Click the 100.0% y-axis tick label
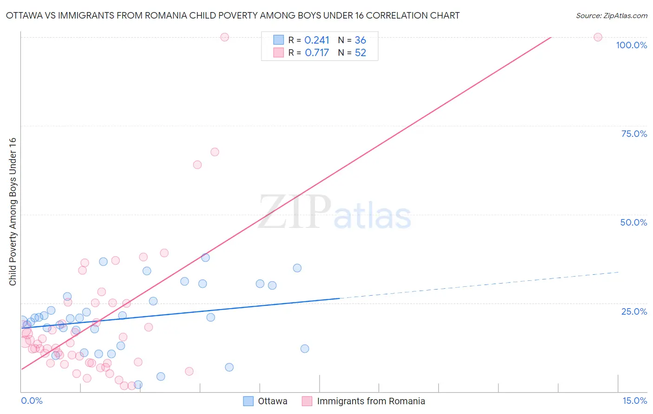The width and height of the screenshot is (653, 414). [631, 45]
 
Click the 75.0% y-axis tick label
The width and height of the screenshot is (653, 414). [634, 134]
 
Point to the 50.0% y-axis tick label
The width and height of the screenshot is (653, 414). [633, 222]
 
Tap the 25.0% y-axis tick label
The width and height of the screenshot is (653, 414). [634, 311]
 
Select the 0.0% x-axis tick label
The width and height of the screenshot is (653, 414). [32, 401]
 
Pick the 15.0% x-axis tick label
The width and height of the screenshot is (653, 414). [634, 401]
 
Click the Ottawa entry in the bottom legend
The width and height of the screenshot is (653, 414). [273, 401]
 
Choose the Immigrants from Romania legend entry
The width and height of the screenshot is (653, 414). [371, 401]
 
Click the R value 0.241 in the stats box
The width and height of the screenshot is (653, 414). [317, 40]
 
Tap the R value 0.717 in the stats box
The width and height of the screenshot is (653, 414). [317, 53]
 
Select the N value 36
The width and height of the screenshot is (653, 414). [360, 40]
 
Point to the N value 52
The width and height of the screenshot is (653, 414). [360, 53]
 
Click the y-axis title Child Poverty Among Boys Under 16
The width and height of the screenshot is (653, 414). [13, 212]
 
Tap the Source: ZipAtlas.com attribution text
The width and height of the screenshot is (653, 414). [611, 15]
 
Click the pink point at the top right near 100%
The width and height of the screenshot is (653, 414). [598, 37]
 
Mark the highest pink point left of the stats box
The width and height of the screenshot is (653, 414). [224, 37]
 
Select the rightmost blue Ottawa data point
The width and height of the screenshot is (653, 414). [305, 349]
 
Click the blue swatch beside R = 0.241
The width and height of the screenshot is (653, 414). [278, 40]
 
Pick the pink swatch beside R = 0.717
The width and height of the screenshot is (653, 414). [278, 52]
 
